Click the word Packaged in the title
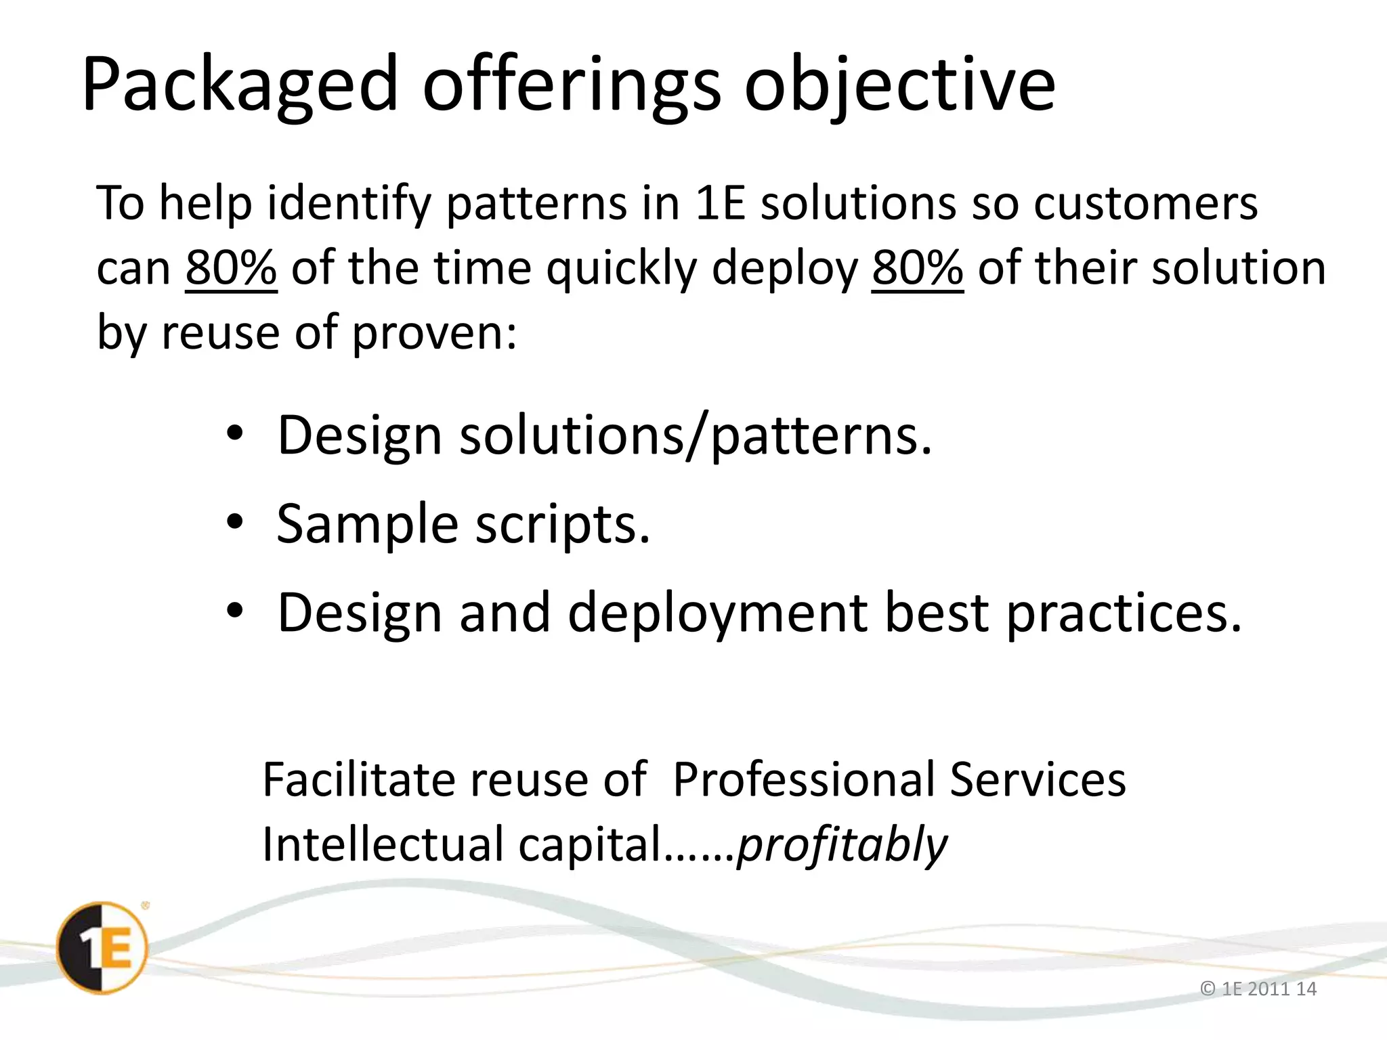(239, 85)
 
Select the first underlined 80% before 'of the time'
(231, 268)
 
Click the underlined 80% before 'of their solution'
(917, 268)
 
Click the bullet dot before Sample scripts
(235, 523)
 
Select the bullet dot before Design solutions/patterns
(235, 434)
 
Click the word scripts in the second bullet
(562, 524)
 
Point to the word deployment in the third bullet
(717, 613)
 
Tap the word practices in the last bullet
(1124, 613)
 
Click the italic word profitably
(842, 845)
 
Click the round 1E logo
(102, 948)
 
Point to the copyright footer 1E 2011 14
(1258, 989)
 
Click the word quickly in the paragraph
(621, 268)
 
